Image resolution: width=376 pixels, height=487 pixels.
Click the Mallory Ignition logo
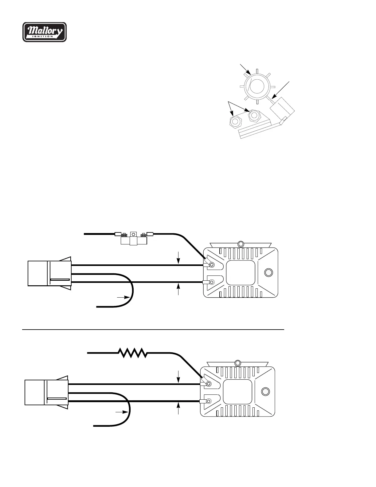(x=45, y=32)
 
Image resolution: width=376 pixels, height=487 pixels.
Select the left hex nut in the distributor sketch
(x=235, y=121)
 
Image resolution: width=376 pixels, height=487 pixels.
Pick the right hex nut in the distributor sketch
(x=254, y=115)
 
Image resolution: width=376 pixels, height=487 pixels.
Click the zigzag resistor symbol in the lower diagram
(x=133, y=353)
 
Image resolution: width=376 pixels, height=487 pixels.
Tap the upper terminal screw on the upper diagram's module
(x=212, y=264)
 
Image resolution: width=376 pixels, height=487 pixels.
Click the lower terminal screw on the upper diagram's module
(x=212, y=282)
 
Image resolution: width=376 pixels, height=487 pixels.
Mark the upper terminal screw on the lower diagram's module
(x=209, y=384)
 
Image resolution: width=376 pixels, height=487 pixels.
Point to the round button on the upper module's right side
(x=268, y=273)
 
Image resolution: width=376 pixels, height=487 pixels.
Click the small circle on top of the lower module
(x=237, y=363)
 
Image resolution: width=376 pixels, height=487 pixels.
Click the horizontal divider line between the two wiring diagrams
(x=153, y=330)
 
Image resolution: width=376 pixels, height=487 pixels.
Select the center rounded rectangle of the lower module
(x=237, y=392)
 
